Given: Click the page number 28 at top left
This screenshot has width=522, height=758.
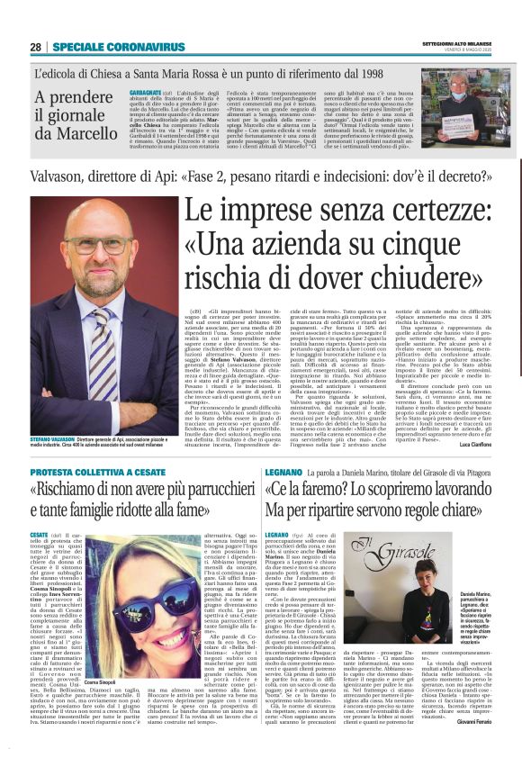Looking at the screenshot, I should tap(35, 46).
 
